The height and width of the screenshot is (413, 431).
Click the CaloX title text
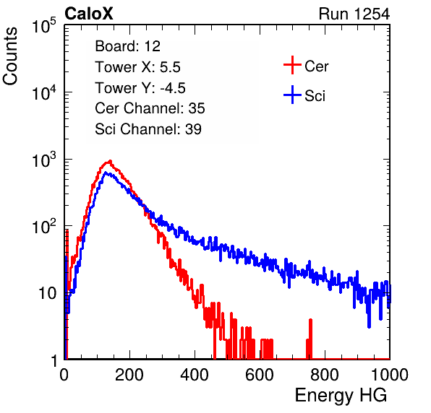(x=89, y=14)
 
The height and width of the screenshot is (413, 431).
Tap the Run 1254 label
(x=354, y=14)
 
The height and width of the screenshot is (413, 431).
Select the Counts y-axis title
(x=10, y=56)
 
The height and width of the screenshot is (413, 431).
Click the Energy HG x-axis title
(x=341, y=396)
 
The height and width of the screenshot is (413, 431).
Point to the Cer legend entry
(x=306, y=65)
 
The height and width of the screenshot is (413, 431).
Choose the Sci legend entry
(x=304, y=95)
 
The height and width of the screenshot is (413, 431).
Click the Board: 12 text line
(x=127, y=46)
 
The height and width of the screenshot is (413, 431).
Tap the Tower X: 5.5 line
(x=137, y=67)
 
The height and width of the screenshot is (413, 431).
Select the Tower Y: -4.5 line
(x=140, y=88)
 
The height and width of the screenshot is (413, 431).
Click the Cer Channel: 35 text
(x=150, y=108)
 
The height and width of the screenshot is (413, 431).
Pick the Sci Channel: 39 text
(x=148, y=129)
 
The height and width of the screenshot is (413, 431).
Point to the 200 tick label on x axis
(x=129, y=375)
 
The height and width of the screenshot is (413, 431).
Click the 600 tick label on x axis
(x=260, y=375)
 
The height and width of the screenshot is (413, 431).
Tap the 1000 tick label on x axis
(x=390, y=375)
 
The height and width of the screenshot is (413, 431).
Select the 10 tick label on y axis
(x=48, y=293)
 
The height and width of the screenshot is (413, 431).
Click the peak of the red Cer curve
(x=110, y=161)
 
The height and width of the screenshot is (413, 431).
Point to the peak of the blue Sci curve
(x=106, y=173)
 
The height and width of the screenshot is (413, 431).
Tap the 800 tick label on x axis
(x=325, y=375)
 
